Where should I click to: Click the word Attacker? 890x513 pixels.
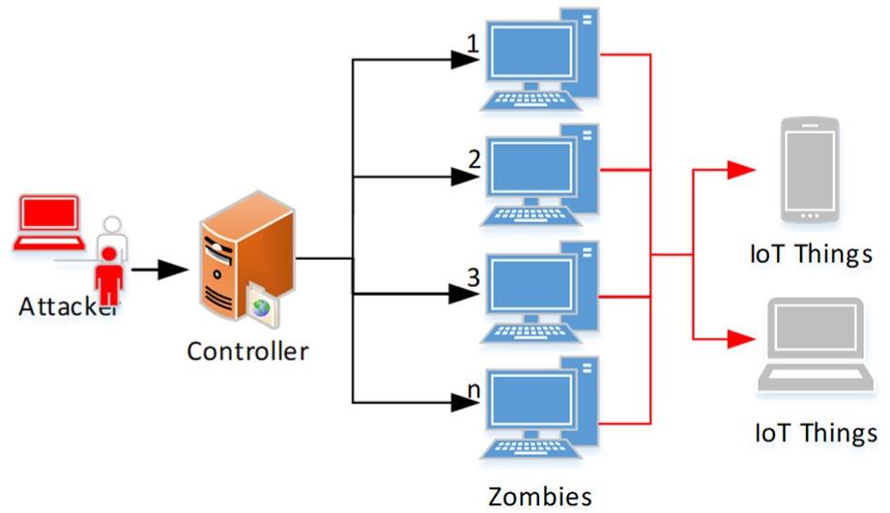pyautogui.click(x=68, y=307)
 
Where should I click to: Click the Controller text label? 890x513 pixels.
pyautogui.click(x=247, y=350)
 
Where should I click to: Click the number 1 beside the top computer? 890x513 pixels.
pyautogui.click(x=473, y=44)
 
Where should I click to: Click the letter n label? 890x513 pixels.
pyautogui.click(x=474, y=390)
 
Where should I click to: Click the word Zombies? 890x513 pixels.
pyautogui.click(x=539, y=497)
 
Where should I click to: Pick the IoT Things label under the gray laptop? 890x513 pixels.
pyautogui.click(x=816, y=431)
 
